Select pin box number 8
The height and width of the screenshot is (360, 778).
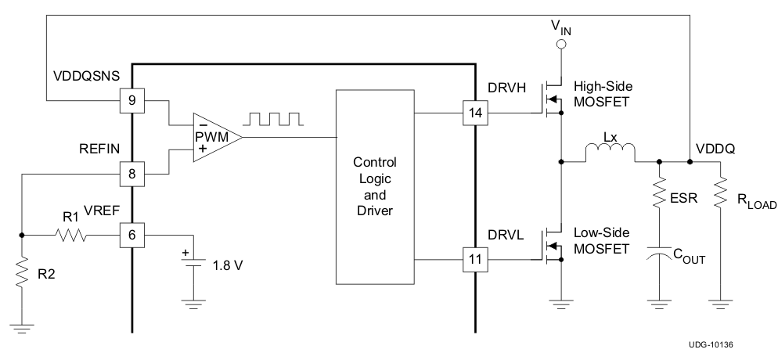point(131,173)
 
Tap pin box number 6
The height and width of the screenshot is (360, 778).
point(131,233)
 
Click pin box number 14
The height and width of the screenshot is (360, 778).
point(474,113)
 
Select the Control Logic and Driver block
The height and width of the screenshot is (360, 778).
point(375,186)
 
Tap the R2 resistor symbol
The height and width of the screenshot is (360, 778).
point(22,275)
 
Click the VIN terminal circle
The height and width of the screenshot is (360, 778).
point(560,45)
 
